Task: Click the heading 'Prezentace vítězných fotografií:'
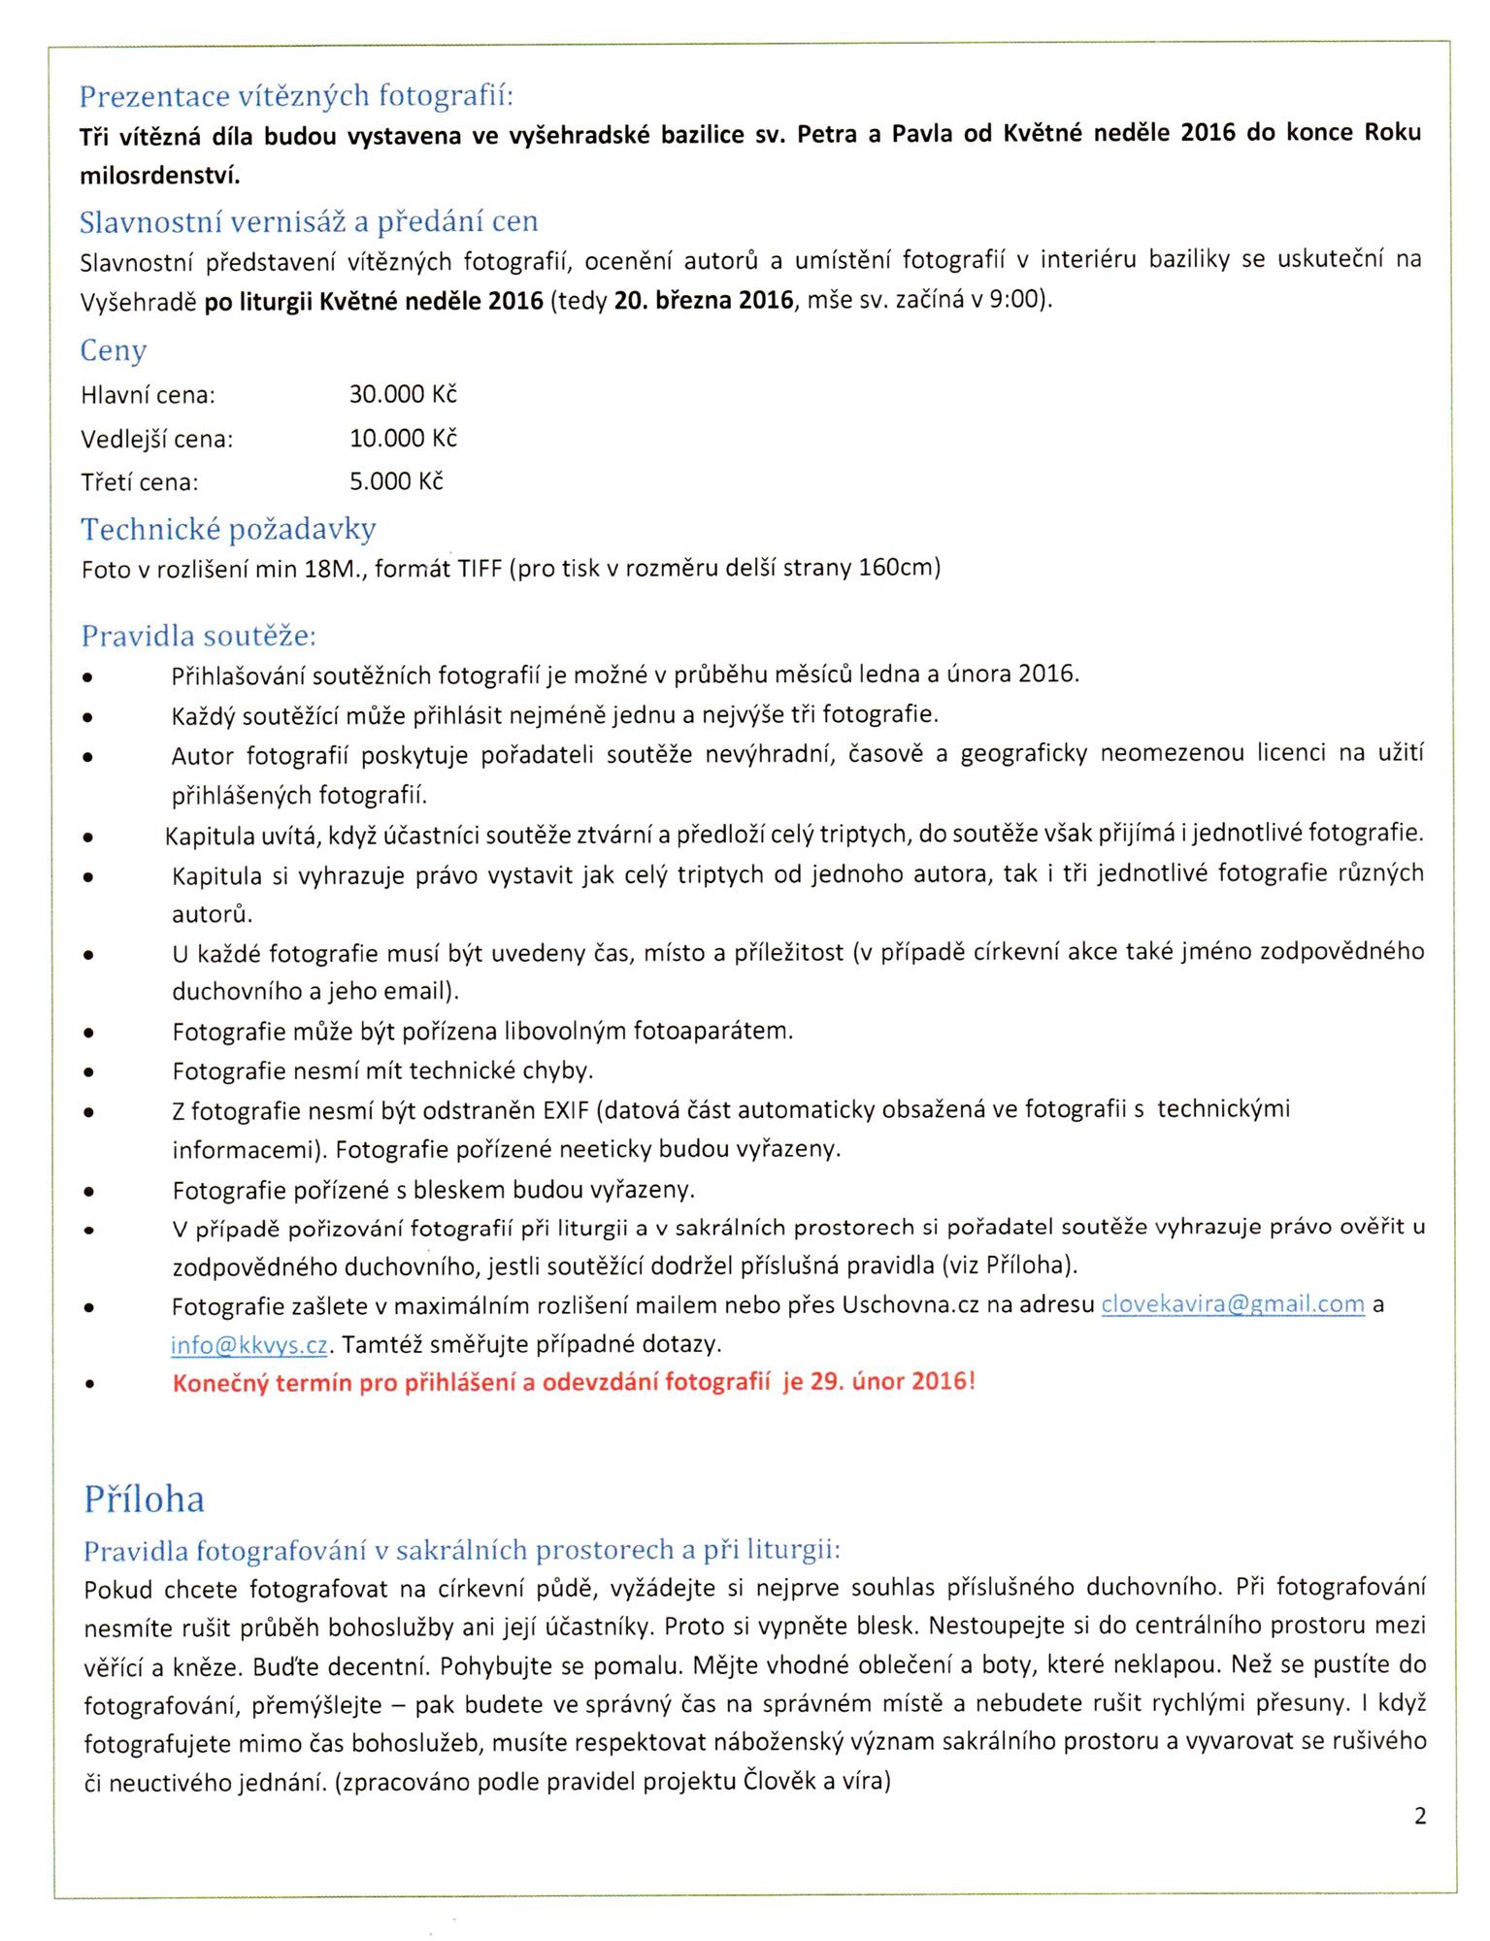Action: pos(296,96)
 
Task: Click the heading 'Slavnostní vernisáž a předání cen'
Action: pos(308,221)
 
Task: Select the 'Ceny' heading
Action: pos(114,350)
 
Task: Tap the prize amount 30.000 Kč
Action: pos(403,395)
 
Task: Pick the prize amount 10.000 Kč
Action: pos(403,439)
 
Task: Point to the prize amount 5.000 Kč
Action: pos(396,481)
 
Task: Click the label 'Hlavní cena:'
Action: pos(148,396)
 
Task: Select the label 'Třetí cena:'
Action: pos(140,482)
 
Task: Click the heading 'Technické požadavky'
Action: pos(228,529)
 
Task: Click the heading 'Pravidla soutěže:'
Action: pos(199,637)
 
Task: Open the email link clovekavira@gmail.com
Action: pos(1233,1305)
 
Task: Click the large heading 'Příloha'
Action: pos(145,1498)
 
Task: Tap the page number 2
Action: pos(1420,1817)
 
